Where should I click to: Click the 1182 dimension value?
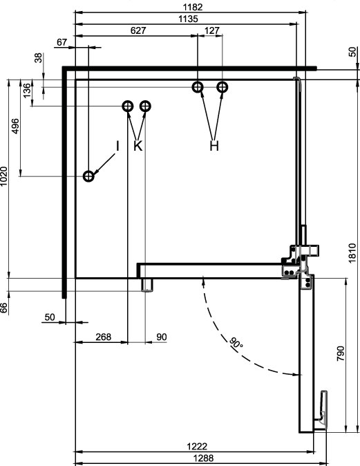pos(193,7)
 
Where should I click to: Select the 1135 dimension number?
pos(188,19)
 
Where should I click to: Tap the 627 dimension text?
pos(138,30)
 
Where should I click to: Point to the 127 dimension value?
pos(212,30)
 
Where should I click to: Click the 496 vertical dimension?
pos(15,126)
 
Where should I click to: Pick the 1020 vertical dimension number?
pos(3,176)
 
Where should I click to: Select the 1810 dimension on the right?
pos(352,253)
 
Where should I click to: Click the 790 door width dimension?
pos(341,353)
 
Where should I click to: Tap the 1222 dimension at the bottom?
pos(197,447)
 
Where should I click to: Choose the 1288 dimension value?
pos(203,458)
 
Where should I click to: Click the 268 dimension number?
pos(104,337)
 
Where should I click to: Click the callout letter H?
pos(214,146)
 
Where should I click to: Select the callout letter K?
pos(138,146)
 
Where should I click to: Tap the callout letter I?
pos(117,146)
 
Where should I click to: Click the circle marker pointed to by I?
pos(88,176)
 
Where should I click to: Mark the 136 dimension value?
pos(27,91)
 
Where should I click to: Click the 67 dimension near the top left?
pos(61,42)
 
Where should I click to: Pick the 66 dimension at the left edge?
pos(3,308)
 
